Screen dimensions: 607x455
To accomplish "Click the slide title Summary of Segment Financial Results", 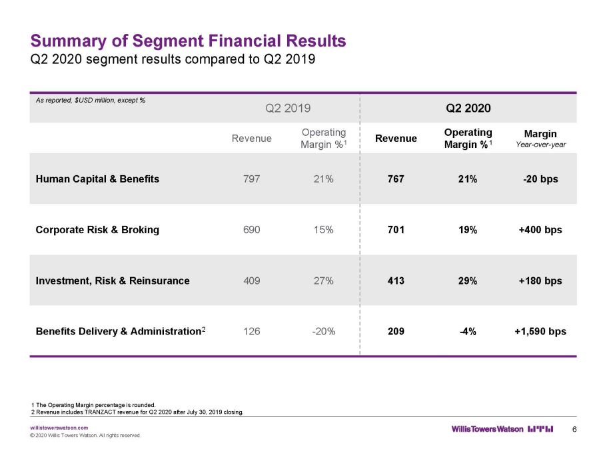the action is (x=188, y=41).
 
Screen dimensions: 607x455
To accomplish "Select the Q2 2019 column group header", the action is (x=288, y=108).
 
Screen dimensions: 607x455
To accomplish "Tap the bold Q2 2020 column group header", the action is (x=468, y=108).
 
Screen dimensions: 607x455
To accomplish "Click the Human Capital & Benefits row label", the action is (x=97, y=179).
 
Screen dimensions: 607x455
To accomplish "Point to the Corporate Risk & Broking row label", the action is (x=97, y=230).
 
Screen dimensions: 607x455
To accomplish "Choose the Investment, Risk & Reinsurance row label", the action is (x=113, y=281).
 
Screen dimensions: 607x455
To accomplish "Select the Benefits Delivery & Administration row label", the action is (x=121, y=331).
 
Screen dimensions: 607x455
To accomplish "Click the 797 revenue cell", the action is (x=252, y=179).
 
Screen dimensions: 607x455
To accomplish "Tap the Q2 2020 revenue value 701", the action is (x=396, y=230).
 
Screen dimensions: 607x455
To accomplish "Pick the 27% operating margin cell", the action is (x=324, y=280).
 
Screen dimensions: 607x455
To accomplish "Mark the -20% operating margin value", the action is (x=324, y=331).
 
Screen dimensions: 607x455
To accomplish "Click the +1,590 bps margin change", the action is (x=540, y=331).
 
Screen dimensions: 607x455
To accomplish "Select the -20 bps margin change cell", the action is (x=540, y=179).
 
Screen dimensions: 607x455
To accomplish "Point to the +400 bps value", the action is (x=540, y=230).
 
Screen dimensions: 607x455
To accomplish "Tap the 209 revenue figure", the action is (x=396, y=331).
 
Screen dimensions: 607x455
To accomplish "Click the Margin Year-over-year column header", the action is (x=540, y=139).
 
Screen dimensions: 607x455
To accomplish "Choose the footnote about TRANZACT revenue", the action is (x=137, y=412).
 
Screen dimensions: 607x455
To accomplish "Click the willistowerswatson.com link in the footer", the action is (x=59, y=428).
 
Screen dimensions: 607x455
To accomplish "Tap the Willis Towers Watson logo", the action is (x=502, y=429).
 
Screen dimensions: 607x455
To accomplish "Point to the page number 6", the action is (x=574, y=429).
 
